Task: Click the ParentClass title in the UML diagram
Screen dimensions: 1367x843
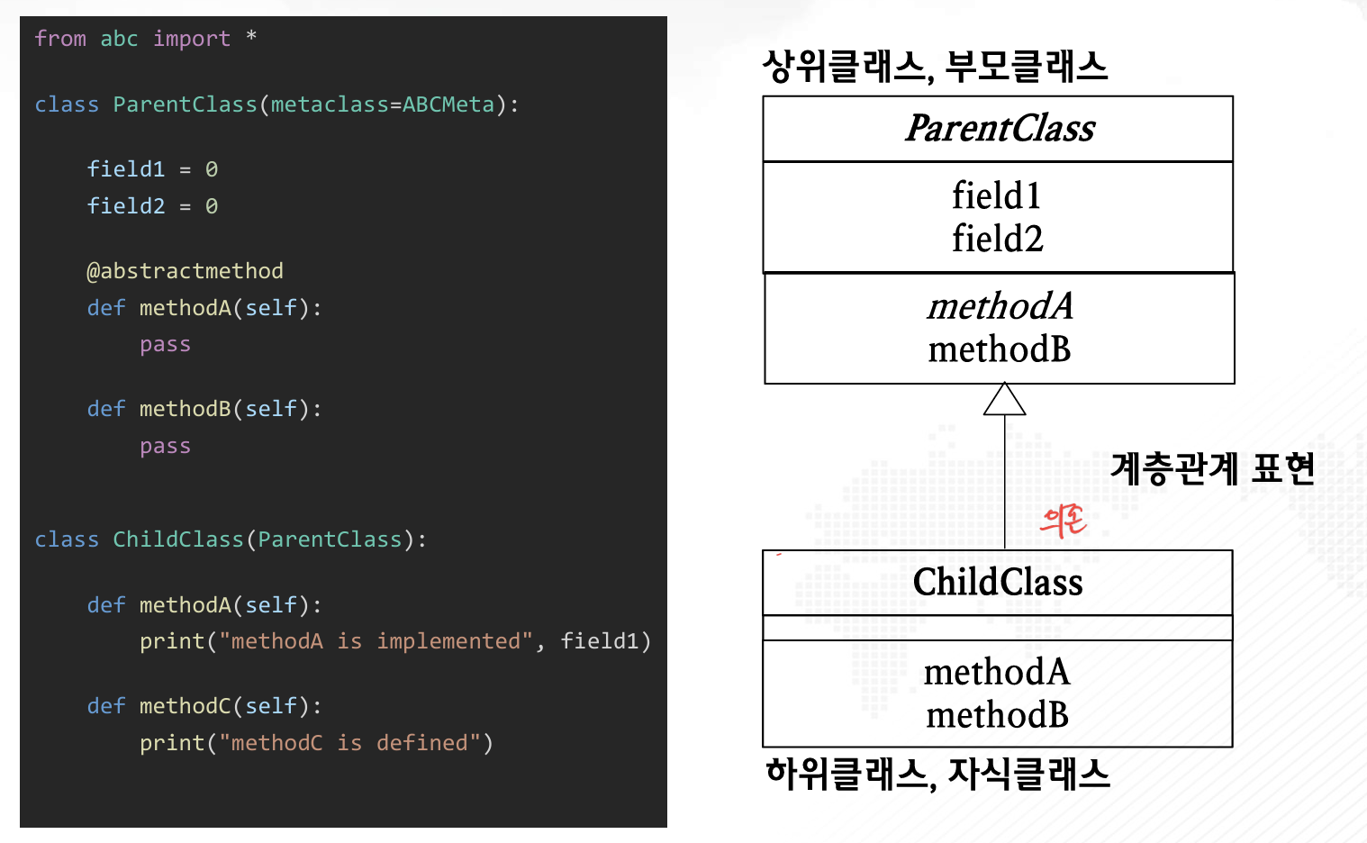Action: [1000, 128]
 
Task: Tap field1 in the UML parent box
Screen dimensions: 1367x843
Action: [997, 195]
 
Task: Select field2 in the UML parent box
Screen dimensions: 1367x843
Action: [998, 238]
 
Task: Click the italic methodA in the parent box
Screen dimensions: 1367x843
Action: [1000, 305]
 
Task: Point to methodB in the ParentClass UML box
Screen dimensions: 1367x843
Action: [1000, 349]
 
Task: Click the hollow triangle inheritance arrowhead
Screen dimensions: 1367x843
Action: [1004, 399]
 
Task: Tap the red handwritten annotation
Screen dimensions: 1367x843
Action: [1064, 521]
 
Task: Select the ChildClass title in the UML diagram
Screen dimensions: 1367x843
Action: [998, 582]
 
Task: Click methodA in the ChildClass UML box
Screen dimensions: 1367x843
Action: [997, 672]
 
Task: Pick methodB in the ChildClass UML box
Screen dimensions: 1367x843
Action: [997, 715]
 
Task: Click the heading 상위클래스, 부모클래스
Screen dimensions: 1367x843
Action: [935, 67]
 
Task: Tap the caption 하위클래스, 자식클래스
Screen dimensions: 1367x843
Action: [937, 774]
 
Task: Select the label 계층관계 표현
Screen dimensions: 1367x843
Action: [1212, 469]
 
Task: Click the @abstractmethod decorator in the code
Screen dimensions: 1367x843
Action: [185, 271]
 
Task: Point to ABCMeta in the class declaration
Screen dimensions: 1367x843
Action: [448, 104]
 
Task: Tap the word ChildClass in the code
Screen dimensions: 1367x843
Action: [178, 539]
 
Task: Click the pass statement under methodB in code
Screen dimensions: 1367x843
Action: [165, 447]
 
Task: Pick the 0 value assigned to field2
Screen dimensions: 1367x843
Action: [211, 206]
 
